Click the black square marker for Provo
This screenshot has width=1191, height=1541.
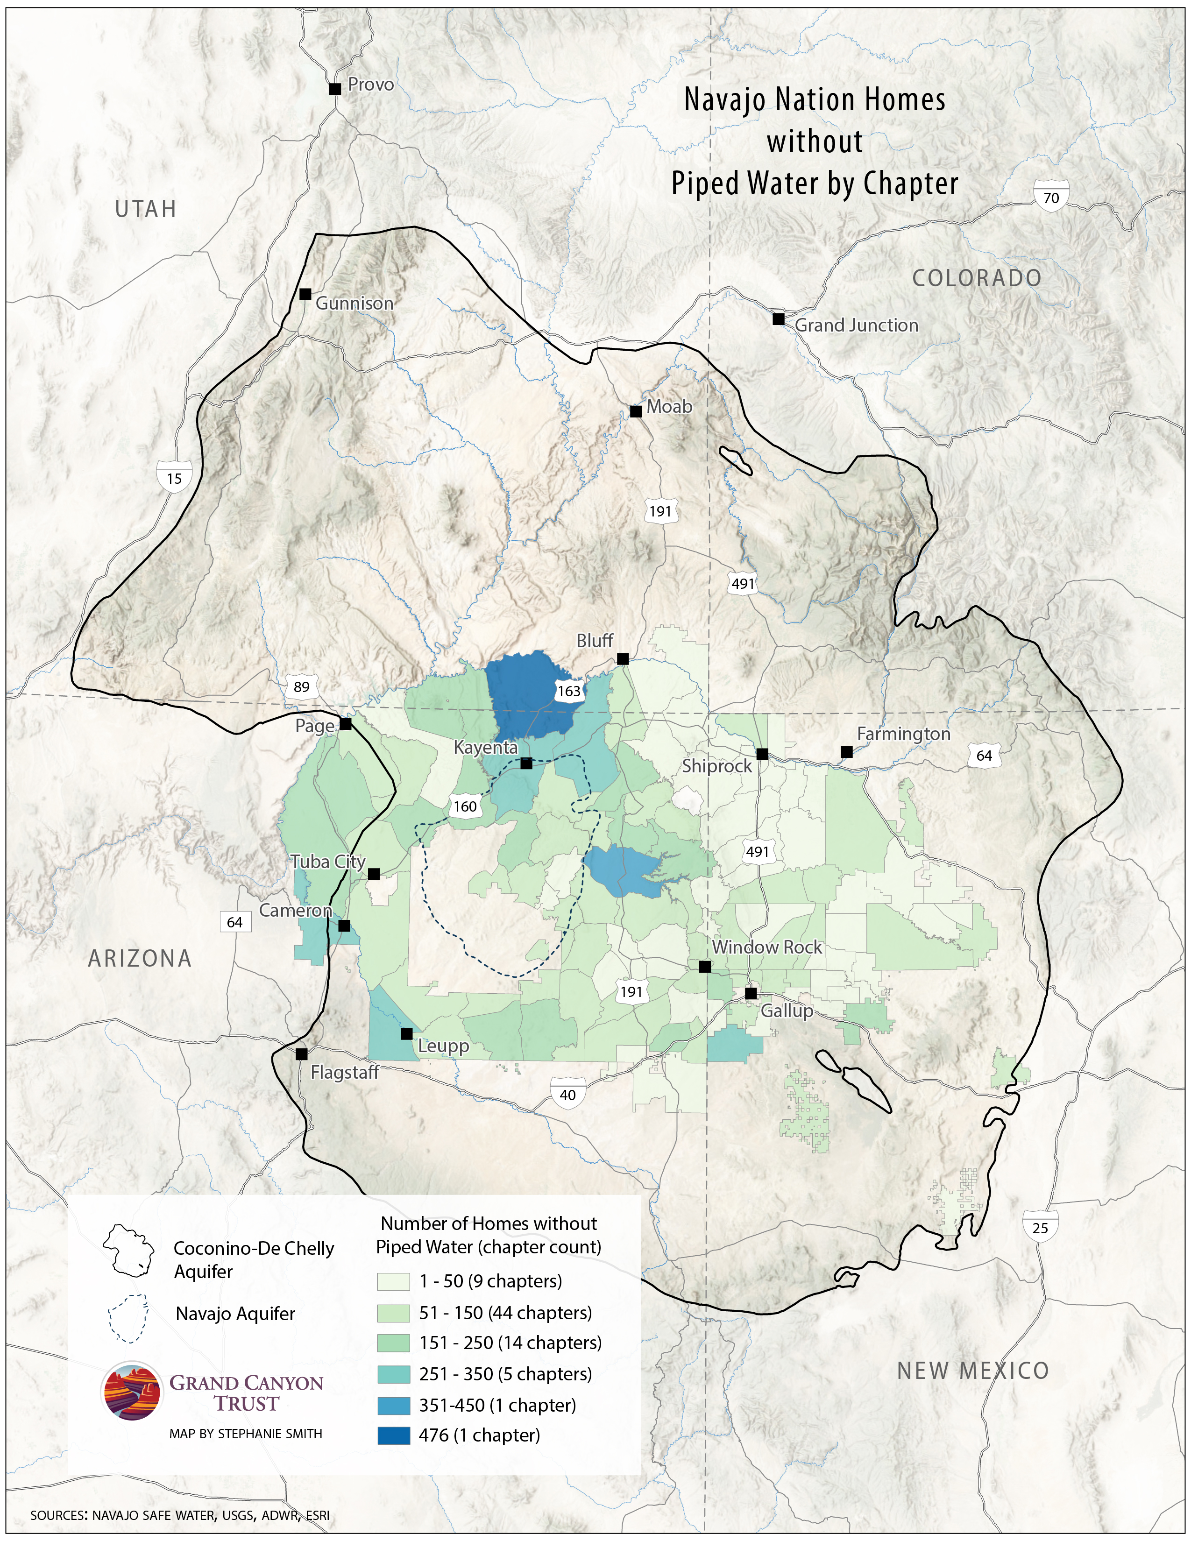[x=335, y=89]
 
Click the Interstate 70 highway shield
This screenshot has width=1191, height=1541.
[x=1050, y=198]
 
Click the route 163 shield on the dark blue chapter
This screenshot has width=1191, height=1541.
[x=569, y=691]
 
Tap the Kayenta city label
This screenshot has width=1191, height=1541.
[x=485, y=747]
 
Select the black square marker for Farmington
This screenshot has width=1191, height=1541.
[x=847, y=752]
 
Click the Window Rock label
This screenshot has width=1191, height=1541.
[x=766, y=947]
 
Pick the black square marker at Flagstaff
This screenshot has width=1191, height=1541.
[x=301, y=1054]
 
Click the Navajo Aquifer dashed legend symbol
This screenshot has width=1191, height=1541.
[x=128, y=1317]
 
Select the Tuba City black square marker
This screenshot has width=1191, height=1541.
[x=374, y=874]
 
